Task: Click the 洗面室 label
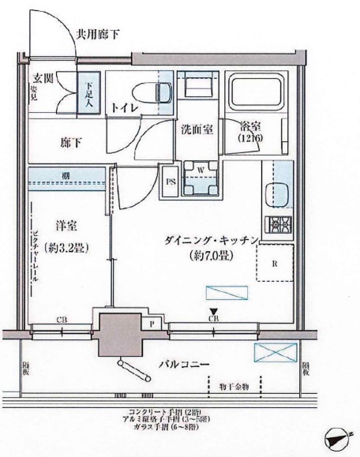pyautogui.click(x=197, y=129)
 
